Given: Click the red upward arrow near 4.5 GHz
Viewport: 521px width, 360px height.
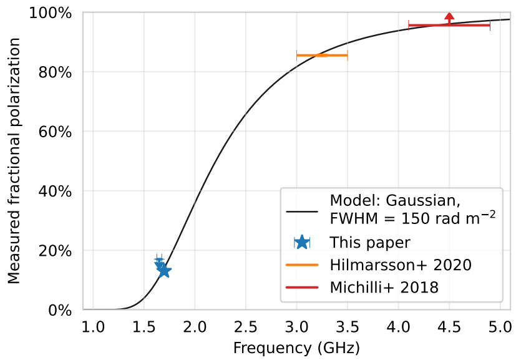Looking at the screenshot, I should click(449, 17).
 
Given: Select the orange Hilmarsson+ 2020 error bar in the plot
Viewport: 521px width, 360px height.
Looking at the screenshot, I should click(321, 56).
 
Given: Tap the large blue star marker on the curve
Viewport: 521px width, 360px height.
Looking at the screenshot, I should click(163, 271).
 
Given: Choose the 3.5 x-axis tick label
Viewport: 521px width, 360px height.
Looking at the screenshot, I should click(347, 326).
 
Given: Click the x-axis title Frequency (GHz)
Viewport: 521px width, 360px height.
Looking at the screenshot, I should click(296, 348).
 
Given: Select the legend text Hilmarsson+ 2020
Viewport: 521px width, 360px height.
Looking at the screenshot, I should click(401, 265).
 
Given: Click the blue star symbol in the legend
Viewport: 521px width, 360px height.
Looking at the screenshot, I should click(303, 242).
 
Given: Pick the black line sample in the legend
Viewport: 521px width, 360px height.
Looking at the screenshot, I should click(303, 211).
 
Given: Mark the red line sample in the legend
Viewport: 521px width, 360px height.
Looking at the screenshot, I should click(303, 288).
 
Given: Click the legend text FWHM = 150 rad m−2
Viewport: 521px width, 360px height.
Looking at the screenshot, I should click(412, 219).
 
